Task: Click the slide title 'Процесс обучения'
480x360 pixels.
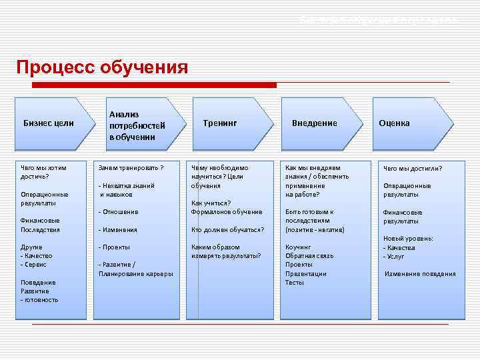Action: tap(102, 68)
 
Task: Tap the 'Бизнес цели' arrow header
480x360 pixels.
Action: tap(49, 123)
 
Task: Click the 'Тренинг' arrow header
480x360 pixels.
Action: tap(221, 123)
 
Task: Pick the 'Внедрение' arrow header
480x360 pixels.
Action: tap(314, 123)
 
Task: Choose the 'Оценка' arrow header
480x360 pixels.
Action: tap(394, 123)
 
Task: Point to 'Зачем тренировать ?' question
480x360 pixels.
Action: tap(131, 168)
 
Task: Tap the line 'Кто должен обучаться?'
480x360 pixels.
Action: tap(227, 230)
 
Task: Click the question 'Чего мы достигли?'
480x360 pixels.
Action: tap(413, 169)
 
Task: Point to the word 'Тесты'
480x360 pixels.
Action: tap(295, 283)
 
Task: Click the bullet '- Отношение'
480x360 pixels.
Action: tap(119, 212)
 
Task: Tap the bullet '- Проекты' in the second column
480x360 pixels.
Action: tap(115, 247)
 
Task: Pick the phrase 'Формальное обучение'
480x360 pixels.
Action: tap(227, 212)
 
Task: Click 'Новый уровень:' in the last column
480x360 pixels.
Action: tap(408, 239)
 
